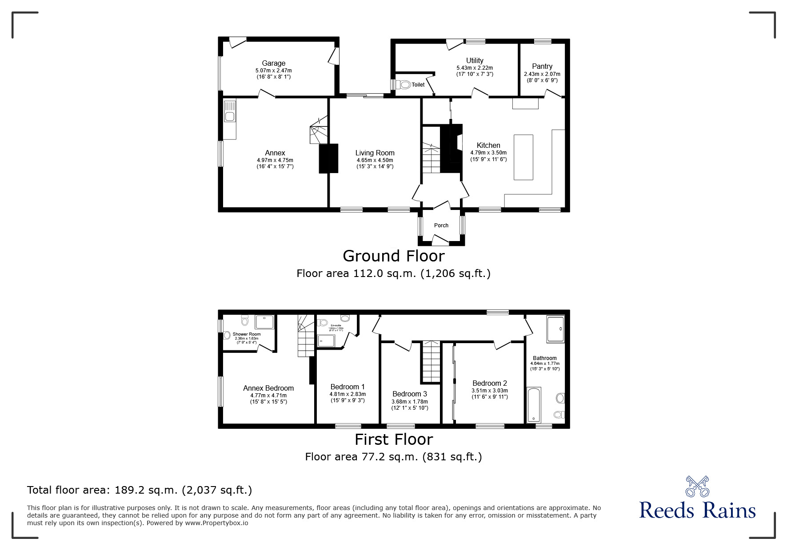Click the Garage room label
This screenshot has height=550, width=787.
[x=273, y=63]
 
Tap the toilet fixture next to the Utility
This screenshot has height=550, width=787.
[x=404, y=84]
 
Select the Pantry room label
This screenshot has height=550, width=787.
[x=542, y=66]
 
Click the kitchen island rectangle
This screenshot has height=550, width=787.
[x=523, y=157]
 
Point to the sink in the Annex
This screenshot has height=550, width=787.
[x=230, y=116]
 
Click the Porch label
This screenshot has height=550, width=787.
[x=441, y=226]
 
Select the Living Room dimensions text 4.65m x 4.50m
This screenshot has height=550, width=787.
[x=375, y=160]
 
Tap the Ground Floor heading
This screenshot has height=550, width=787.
[x=393, y=256]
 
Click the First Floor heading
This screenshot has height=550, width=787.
[x=393, y=439]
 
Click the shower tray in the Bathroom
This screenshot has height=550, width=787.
[x=555, y=329]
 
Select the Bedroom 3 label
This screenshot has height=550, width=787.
[x=409, y=394]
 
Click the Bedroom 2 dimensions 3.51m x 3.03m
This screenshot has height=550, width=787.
[x=489, y=391]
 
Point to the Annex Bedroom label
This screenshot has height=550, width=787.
[x=268, y=388]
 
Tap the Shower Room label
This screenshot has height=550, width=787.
[x=247, y=334]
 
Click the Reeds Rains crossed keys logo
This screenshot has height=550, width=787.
[x=697, y=486]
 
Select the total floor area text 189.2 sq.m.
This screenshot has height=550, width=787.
[x=140, y=490]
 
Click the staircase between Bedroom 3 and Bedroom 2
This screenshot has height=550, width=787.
[x=431, y=362]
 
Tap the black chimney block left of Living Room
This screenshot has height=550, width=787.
[x=328, y=158]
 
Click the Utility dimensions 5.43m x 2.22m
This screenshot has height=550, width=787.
[x=475, y=68]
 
